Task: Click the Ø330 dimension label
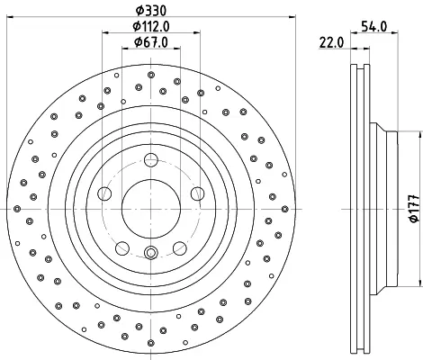point(151,11)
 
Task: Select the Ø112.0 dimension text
point(151,27)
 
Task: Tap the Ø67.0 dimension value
point(151,42)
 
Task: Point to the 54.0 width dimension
point(373,26)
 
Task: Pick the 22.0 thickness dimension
point(331,42)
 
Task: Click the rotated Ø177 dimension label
point(414,209)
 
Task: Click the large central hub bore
point(151,209)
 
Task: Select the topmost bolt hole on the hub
point(151,160)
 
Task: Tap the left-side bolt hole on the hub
point(104,193)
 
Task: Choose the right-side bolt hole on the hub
point(198,193)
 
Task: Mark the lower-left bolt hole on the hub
point(122,248)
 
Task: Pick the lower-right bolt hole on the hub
point(180,248)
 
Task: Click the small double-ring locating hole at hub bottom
point(151,252)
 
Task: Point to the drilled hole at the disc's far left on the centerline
point(17,209)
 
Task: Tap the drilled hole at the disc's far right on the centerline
point(285,209)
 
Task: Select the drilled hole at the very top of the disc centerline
point(151,75)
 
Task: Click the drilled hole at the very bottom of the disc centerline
point(151,343)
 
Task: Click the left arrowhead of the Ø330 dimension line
point(10,17)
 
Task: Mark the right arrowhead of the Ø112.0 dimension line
point(196,32)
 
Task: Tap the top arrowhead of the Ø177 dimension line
point(419,135)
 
